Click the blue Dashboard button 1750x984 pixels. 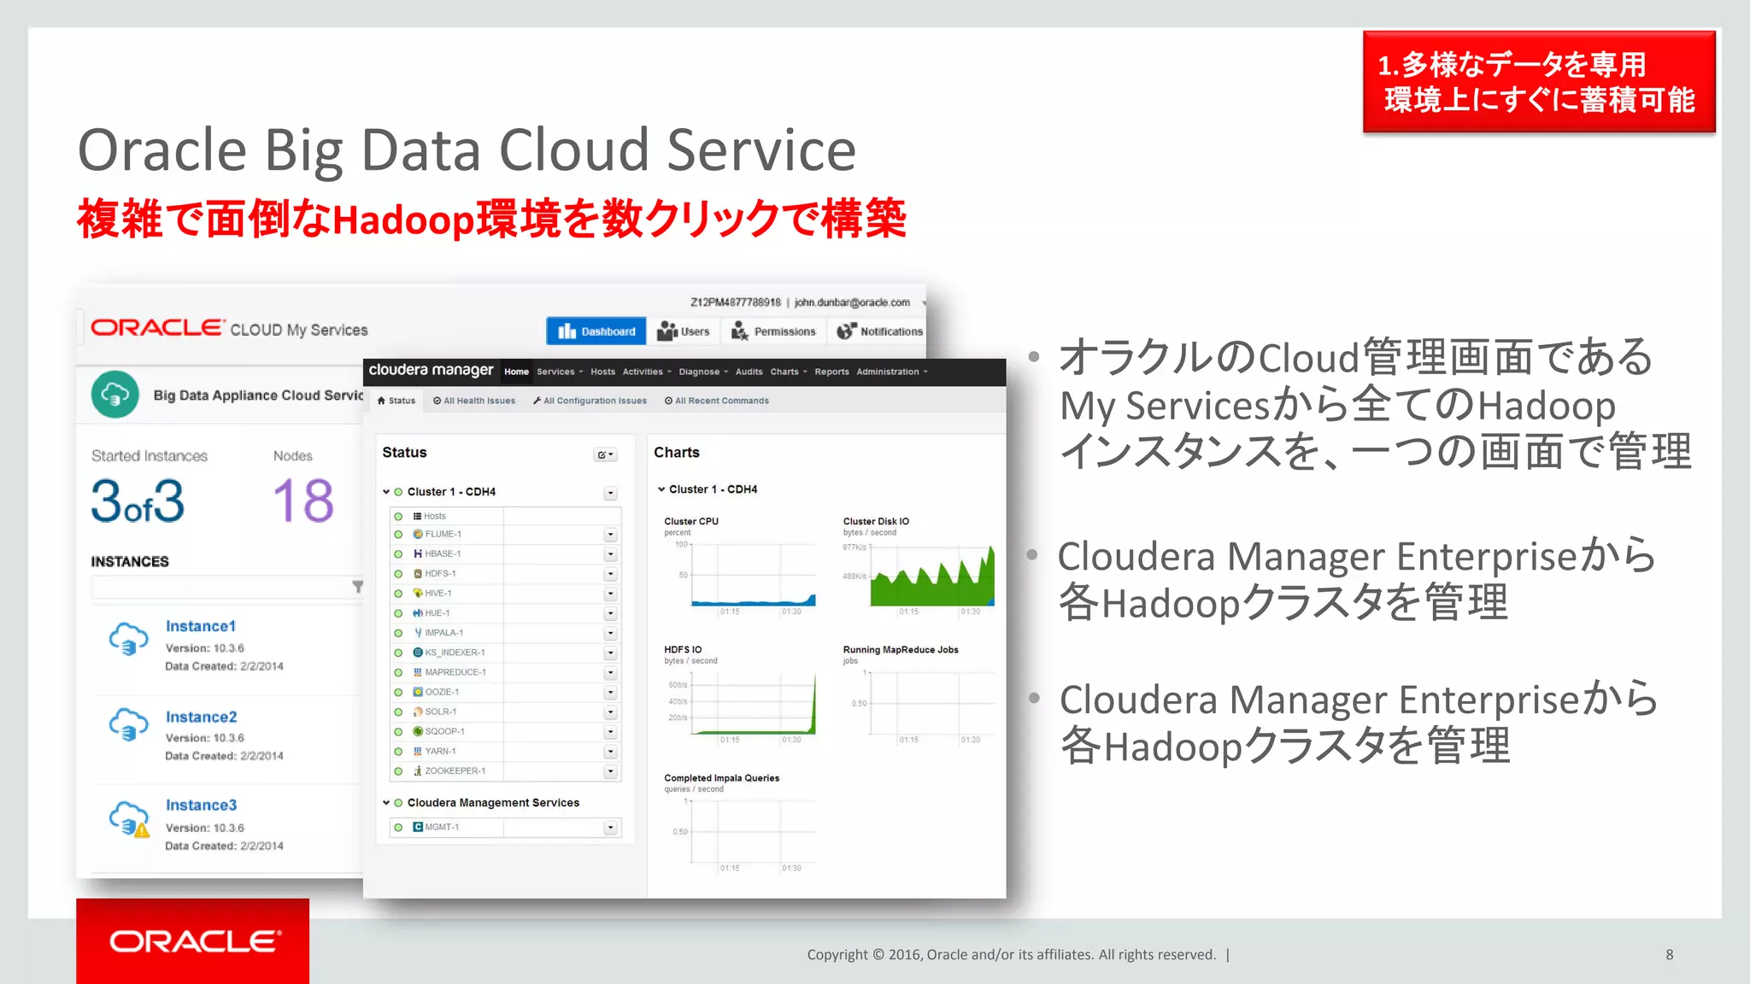596,331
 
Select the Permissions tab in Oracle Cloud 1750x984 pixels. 774,331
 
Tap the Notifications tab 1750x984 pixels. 880,331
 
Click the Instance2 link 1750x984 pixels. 201,717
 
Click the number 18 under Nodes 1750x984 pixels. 303,501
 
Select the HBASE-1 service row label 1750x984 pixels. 442,553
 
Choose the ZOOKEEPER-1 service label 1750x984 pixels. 455,770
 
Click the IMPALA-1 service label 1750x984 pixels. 443,633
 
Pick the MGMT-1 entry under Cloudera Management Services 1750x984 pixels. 442,827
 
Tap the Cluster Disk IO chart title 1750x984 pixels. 876,521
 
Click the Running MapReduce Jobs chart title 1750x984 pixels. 901,650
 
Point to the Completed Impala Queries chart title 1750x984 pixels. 721,778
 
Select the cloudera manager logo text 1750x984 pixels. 431,370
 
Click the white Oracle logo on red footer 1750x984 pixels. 194,941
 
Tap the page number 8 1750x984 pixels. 1669,955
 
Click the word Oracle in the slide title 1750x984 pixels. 162,150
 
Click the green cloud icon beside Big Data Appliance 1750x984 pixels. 115,395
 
